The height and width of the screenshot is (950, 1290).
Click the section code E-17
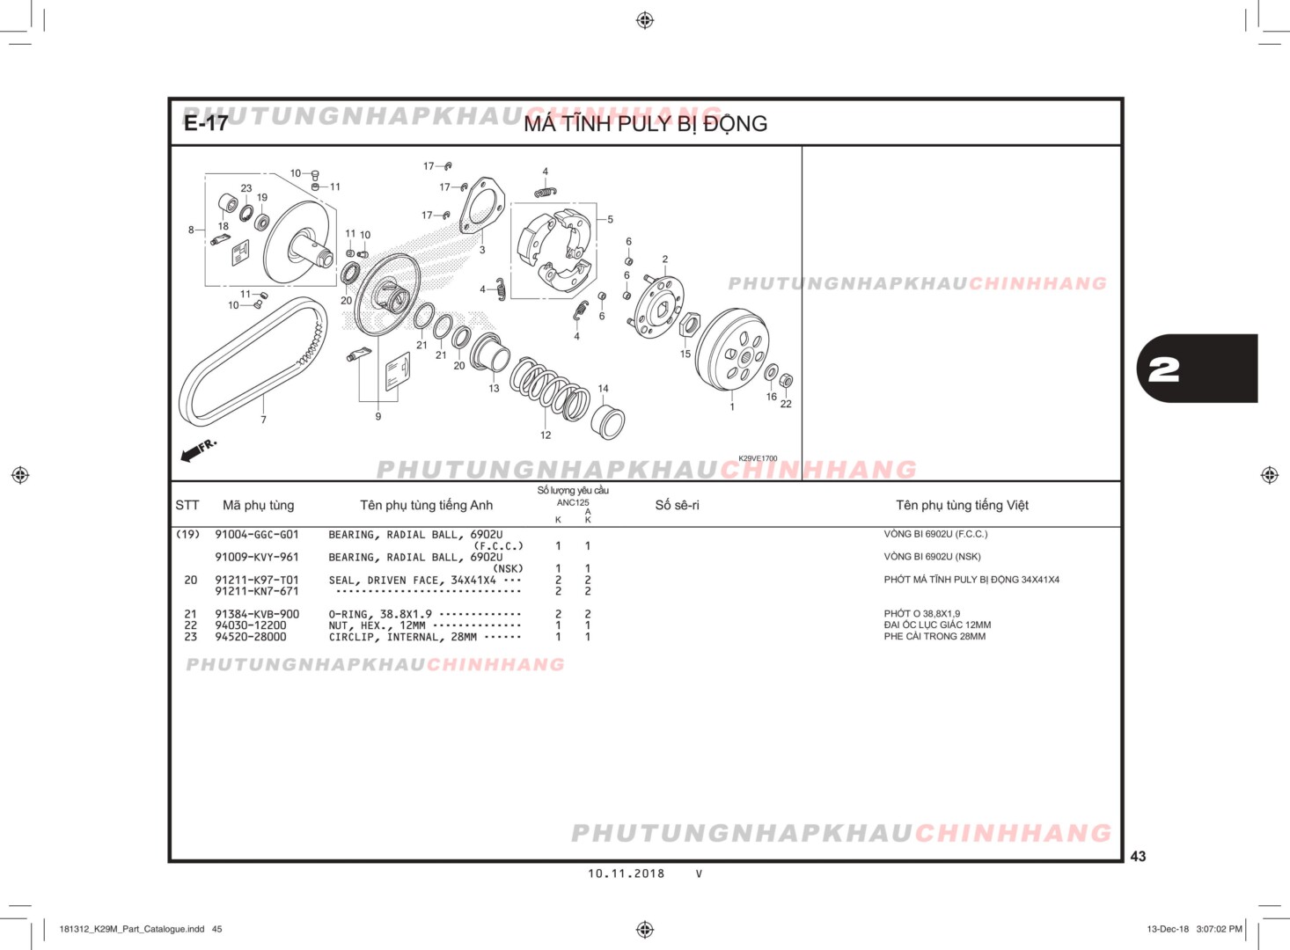[206, 123]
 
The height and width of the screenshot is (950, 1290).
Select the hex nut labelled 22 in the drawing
[787, 381]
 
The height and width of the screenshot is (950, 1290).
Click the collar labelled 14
[609, 421]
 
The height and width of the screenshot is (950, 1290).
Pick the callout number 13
[494, 388]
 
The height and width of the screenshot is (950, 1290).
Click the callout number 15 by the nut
[685, 354]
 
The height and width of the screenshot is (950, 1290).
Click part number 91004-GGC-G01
[257, 534]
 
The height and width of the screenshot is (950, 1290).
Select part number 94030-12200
[251, 625]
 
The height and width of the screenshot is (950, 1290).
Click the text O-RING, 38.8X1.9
[380, 614]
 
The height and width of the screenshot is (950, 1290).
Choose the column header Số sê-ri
[677, 505]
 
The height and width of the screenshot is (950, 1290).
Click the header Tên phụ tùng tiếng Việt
[962, 505]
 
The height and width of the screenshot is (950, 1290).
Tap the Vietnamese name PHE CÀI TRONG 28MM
[935, 636]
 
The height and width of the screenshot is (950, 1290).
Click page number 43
[1138, 856]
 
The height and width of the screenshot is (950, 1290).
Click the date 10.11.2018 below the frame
[627, 873]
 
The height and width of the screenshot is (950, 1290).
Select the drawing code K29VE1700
[758, 458]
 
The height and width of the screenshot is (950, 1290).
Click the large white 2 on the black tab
[1164, 369]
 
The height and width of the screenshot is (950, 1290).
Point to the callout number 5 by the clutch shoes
[610, 220]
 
